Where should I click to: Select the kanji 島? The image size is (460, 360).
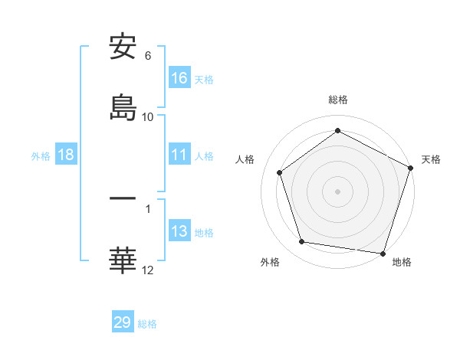123,107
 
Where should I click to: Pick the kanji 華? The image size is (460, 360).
123,260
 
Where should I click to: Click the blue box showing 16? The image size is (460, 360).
179,78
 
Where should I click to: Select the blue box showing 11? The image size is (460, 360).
179,155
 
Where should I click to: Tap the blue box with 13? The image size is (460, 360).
179,231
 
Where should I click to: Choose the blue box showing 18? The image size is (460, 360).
66,155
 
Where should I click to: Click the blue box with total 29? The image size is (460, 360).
123,322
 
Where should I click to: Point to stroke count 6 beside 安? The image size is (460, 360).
148,56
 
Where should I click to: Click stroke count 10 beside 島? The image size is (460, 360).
148,116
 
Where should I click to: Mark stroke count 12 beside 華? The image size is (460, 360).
148,270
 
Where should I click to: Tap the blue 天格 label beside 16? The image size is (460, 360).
204,79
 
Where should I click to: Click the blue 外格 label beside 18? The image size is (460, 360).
41,155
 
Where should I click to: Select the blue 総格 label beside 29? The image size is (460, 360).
147,323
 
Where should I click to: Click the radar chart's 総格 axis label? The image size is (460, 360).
338,100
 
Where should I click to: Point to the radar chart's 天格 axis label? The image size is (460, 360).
431,159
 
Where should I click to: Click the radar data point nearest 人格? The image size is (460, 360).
280,172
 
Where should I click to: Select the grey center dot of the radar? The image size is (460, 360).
338,191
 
